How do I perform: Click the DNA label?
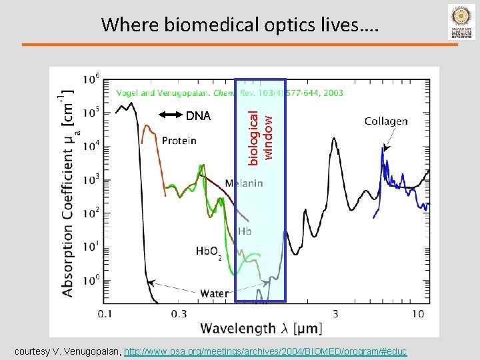click(x=198, y=116)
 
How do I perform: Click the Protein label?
click(x=179, y=141)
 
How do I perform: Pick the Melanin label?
click(x=243, y=183)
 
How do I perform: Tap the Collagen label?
click(x=386, y=121)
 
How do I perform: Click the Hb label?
click(x=245, y=231)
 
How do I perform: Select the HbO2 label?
click(x=208, y=252)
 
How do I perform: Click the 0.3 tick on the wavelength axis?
click(x=179, y=313)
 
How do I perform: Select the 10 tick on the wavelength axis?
click(x=418, y=313)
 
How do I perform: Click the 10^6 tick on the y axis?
click(x=91, y=79)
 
